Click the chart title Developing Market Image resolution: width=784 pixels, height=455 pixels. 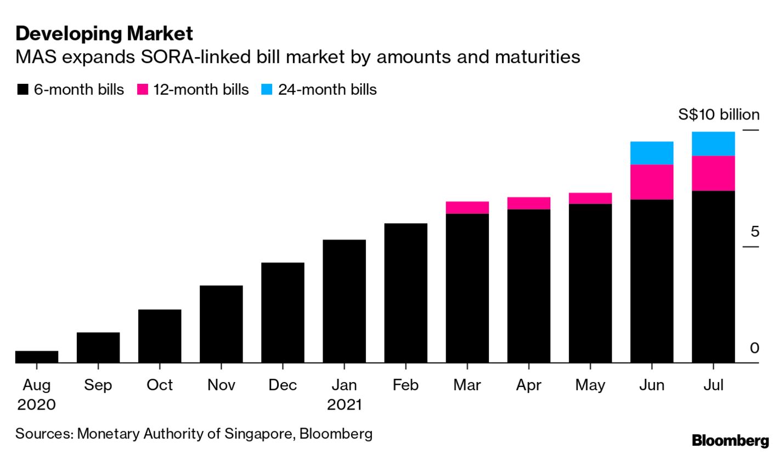(x=104, y=34)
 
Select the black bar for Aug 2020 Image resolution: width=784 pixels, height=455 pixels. (x=37, y=356)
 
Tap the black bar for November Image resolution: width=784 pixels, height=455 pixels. (x=221, y=323)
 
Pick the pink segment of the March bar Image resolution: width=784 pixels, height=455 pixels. (x=467, y=207)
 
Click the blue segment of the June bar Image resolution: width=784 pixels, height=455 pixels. (x=652, y=153)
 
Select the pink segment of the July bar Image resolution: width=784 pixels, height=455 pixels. (x=713, y=173)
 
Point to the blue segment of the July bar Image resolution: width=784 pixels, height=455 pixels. (x=713, y=144)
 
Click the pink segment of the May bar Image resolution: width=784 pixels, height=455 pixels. (x=590, y=198)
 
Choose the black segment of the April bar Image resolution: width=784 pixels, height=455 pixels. (x=529, y=285)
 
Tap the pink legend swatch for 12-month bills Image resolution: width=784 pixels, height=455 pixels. (x=143, y=90)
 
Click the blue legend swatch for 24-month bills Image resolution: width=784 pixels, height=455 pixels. (x=267, y=90)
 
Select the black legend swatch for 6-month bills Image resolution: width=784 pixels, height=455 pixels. (x=22, y=90)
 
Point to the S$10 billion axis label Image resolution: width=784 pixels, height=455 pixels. (x=719, y=115)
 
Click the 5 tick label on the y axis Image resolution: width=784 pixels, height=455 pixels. (x=755, y=232)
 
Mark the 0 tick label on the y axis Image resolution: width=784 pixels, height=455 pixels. (x=754, y=348)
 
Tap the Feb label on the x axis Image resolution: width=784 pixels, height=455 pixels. (x=405, y=385)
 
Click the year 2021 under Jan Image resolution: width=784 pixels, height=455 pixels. (x=344, y=405)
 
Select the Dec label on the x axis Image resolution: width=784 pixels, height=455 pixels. (x=283, y=385)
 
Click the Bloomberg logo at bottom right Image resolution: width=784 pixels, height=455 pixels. (x=730, y=440)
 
